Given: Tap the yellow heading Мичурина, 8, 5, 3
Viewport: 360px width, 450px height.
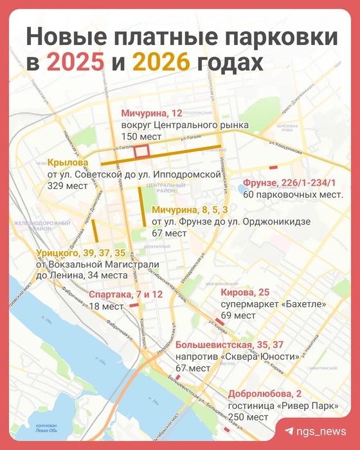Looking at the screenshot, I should [189, 210].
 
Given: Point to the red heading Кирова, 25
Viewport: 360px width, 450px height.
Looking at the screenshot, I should [242, 293].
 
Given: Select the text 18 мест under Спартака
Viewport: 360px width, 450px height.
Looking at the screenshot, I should [105, 307].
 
